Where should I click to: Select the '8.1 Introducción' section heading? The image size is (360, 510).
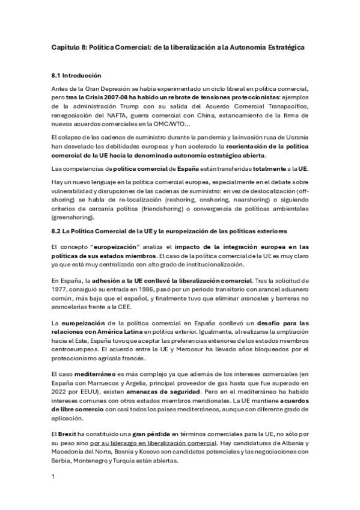76,75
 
